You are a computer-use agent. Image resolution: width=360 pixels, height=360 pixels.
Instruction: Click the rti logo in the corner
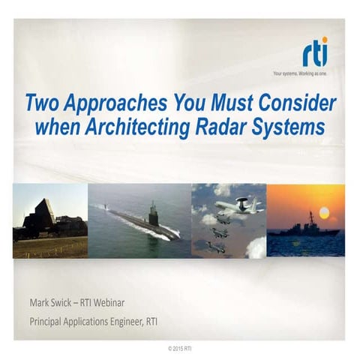(x=315, y=54)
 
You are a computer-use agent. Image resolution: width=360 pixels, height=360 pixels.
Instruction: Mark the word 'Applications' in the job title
(x=102, y=323)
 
